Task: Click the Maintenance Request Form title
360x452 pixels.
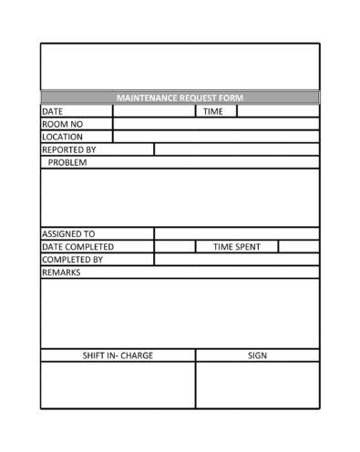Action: pyautogui.click(x=180, y=98)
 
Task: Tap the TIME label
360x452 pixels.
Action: pyautogui.click(x=212, y=111)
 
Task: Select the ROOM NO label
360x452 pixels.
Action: pyautogui.click(x=62, y=124)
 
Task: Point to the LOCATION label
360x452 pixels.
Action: pyautogui.click(x=62, y=137)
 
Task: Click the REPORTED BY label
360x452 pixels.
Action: pyautogui.click(x=69, y=149)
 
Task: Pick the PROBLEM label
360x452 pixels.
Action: pyautogui.click(x=67, y=162)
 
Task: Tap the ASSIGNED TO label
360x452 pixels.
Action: pyautogui.click(x=68, y=233)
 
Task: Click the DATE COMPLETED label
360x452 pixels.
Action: pyautogui.click(x=77, y=246)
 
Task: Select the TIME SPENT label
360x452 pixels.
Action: pyautogui.click(x=236, y=246)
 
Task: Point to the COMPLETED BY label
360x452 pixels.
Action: pyautogui.click(x=73, y=259)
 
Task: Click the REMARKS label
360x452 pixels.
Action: pyautogui.click(x=61, y=272)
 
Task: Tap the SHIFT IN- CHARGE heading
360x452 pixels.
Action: pyautogui.click(x=118, y=355)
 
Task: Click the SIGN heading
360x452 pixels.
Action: pyautogui.click(x=257, y=355)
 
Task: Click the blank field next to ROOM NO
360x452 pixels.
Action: pyautogui.click(x=215, y=124)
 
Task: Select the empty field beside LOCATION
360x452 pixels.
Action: pyautogui.click(x=215, y=137)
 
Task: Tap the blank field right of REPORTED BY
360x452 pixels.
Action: pyautogui.click(x=236, y=149)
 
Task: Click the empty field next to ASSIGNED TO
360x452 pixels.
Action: pyautogui.click(x=236, y=233)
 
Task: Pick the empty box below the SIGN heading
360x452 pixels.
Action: pyautogui.click(x=257, y=385)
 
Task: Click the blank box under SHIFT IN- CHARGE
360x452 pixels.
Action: pyautogui.click(x=118, y=385)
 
